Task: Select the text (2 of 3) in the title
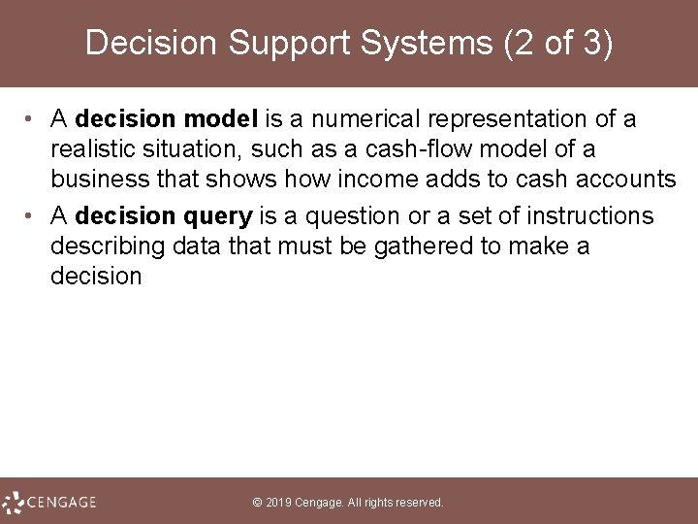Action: [x=556, y=44]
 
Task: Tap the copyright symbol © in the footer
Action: [x=257, y=503]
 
